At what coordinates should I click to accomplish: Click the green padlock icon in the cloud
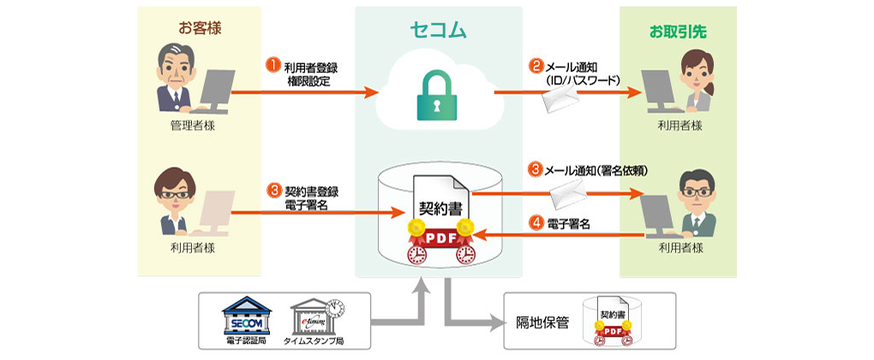[438, 97]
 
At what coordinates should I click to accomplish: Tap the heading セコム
[438, 31]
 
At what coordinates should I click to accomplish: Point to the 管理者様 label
[193, 126]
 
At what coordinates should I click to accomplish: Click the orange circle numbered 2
[536, 65]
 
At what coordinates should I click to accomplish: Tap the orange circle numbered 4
[536, 225]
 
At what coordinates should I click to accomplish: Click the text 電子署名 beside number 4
[570, 225]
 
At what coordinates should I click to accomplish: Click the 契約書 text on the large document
[438, 208]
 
